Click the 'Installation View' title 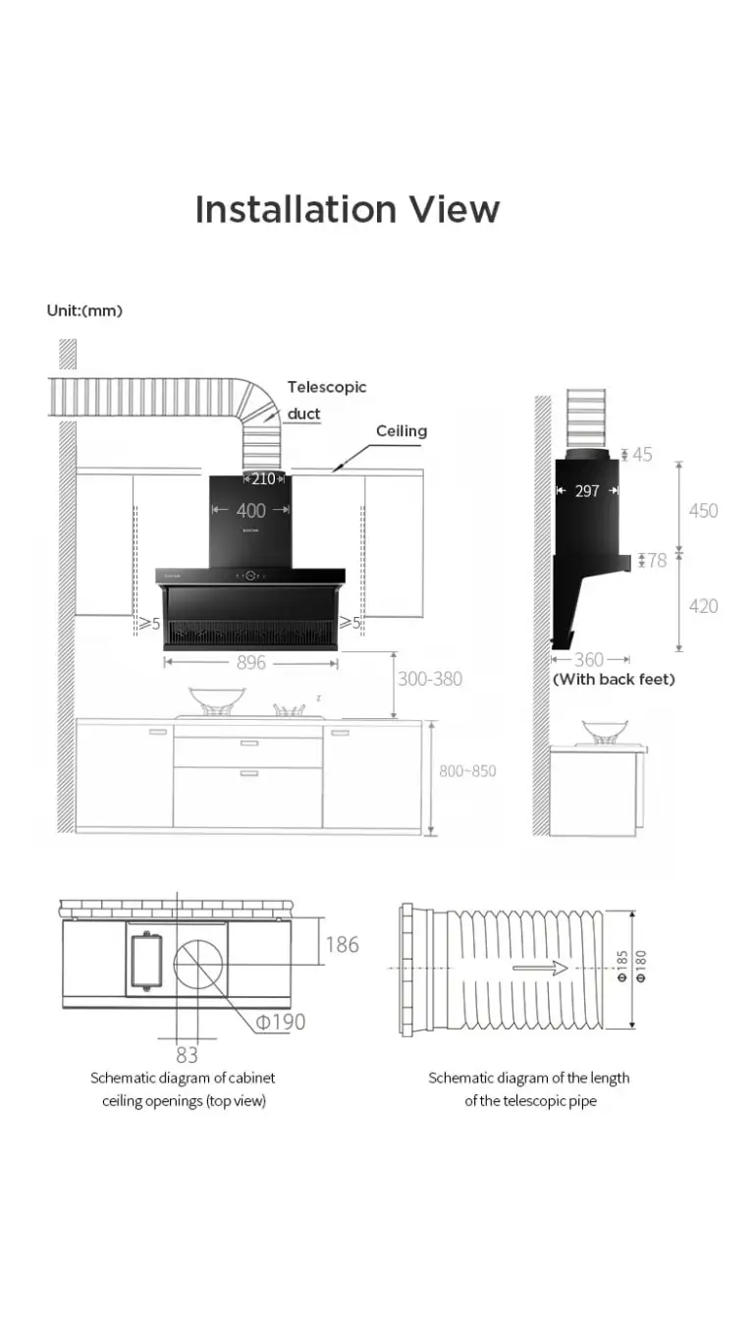click(347, 209)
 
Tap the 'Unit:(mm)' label click(84, 310)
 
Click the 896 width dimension click(251, 663)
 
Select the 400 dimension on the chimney click(251, 511)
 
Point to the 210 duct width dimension click(263, 479)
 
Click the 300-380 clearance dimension click(429, 679)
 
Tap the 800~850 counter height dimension click(467, 771)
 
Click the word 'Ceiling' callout click(402, 431)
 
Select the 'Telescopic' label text click(327, 387)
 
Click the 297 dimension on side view click(587, 490)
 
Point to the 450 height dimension click(703, 511)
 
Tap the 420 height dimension click(703, 606)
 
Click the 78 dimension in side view click(657, 560)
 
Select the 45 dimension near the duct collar click(642, 454)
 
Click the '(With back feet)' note click(614, 679)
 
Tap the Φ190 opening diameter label click(281, 1022)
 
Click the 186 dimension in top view click(342, 945)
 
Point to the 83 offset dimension click(187, 1055)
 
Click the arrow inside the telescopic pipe click(540, 968)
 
